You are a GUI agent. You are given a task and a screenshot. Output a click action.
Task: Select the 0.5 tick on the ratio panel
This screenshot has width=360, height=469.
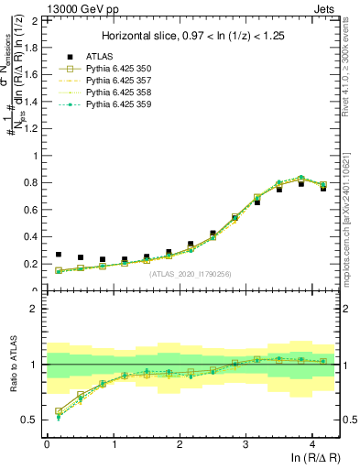pos(33,420)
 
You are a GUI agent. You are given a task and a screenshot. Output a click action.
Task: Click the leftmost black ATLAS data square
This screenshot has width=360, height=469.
pos(58,255)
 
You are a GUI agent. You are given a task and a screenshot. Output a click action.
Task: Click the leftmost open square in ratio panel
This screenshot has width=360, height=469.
pos(58,411)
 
